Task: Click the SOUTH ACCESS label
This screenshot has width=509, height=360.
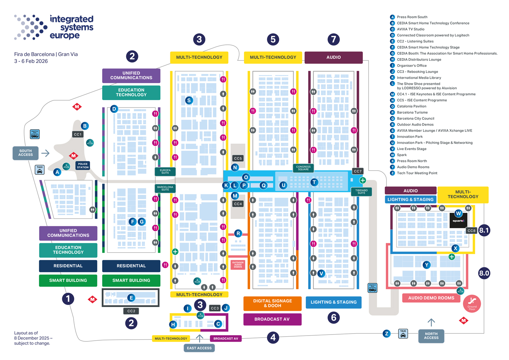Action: point(25,153)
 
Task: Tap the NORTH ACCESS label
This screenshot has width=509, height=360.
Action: point(431,336)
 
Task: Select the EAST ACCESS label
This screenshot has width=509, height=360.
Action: point(199,348)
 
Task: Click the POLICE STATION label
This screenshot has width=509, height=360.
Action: point(83,166)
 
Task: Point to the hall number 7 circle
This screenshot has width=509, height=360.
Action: point(334,39)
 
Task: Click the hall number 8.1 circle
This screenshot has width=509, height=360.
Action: point(484,230)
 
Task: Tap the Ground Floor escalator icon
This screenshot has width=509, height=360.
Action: point(472,303)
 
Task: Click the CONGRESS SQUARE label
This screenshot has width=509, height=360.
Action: point(303,167)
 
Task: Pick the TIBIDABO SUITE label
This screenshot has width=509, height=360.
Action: point(361,192)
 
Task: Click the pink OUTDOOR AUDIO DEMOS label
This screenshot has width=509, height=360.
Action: point(238,265)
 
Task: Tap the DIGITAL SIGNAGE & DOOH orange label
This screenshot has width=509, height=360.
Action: point(272,303)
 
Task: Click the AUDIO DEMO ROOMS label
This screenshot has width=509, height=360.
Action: point(431,298)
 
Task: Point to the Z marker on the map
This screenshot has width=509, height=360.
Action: point(387,334)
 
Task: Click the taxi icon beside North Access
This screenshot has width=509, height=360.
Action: point(403,334)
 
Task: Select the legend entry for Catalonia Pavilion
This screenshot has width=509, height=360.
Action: point(412,107)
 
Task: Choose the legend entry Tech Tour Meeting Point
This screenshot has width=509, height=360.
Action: point(417,173)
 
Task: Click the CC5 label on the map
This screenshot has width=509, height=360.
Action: point(238,158)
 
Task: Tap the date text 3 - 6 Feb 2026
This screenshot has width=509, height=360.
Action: point(31,61)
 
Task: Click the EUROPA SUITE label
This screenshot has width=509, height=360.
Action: point(165,172)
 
